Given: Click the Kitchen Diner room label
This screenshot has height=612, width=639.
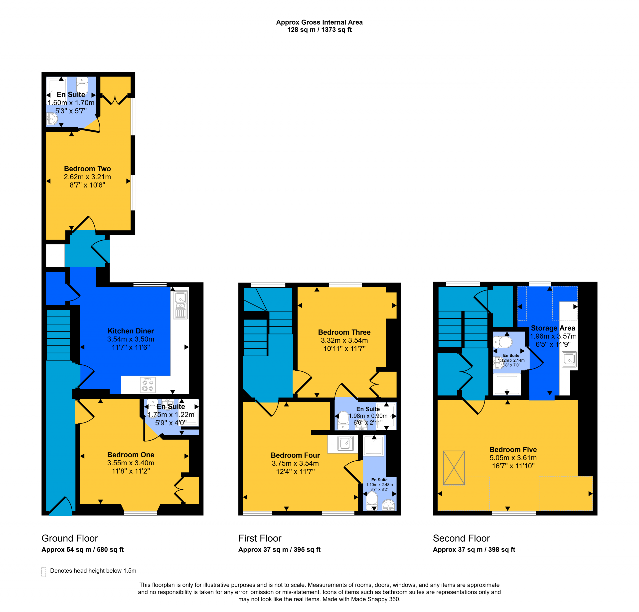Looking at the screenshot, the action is click(x=131, y=331).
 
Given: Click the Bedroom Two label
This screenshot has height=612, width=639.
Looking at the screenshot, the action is click(x=87, y=169).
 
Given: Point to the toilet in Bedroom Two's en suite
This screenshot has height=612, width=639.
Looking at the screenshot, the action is click(x=82, y=85).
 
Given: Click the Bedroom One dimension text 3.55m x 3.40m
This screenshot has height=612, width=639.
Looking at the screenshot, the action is click(x=131, y=463).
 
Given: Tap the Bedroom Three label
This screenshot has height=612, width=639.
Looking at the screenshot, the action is click(x=344, y=332).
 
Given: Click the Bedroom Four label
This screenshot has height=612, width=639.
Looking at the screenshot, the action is click(x=295, y=455).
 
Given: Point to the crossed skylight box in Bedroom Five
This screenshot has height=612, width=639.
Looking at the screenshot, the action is click(x=454, y=468).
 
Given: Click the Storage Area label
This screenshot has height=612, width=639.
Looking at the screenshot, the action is click(x=553, y=328).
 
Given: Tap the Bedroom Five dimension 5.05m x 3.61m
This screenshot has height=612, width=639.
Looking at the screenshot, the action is click(x=513, y=458).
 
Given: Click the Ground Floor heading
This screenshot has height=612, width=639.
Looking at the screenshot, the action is click(x=70, y=538).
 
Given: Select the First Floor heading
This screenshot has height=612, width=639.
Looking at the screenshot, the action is click(x=260, y=538).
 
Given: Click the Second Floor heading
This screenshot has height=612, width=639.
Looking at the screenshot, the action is click(x=461, y=538).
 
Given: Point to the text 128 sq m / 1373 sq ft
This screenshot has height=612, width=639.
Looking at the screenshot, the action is click(x=319, y=30).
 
